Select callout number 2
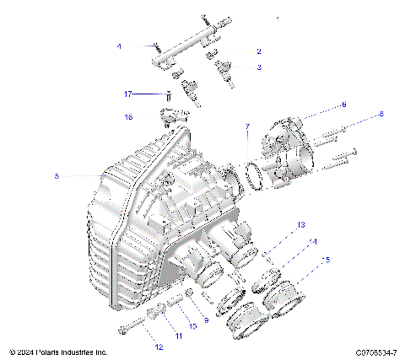pyautogui.click(x=259, y=51)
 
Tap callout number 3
pyautogui.click(x=259, y=67)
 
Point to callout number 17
pyautogui.click(x=129, y=94)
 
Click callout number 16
pyautogui.click(x=129, y=116)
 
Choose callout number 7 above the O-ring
pyautogui.click(x=247, y=127)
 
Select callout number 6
pyautogui.click(x=343, y=105)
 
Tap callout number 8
pyautogui.click(x=381, y=113)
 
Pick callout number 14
pyautogui.click(x=314, y=242)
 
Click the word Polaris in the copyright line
pyautogui.click(x=48, y=351)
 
